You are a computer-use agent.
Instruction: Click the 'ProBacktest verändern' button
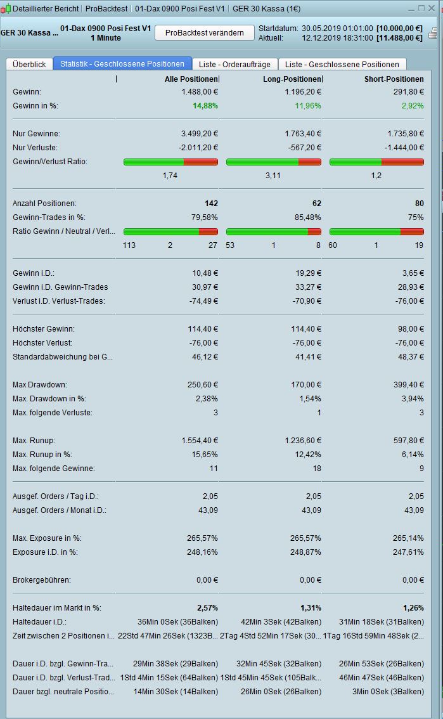pyautogui.click(x=205, y=33)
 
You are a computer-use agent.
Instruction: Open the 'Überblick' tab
pyautogui.click(x=29, y=64)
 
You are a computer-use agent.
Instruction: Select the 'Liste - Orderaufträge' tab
pyautogui.click(x=234, y=64)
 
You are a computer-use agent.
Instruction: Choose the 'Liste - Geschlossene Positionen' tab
pyautogui.click(x=342, y=64)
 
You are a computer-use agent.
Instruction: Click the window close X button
pyautogui.click(x=433, y=8)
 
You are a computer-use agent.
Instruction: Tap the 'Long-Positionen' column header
pyautogui.click(x=292, y=79)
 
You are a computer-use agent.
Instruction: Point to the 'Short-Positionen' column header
pyautogui.click(x=394, y=79)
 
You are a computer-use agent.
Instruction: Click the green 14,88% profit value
pyautogui.click(x=205, y=105)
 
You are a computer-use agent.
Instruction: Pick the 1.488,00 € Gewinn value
pyautogui.click(x=199, y=92)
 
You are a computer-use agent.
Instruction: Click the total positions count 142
pyautogui.click(x=211, y=204)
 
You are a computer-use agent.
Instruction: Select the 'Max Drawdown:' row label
pyautogui.click(x=40, y=385)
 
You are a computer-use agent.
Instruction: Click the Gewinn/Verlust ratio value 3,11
pyautogui.click(x=273, y=176)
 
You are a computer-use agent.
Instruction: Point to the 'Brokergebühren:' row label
pyautogui.click(x=42, y=580)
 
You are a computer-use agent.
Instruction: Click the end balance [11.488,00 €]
pyautogui.click(x=399, y=38)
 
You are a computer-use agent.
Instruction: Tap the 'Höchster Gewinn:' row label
pyautogui.click(x=44, y=329)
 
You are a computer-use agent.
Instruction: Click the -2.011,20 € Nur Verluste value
pyautogui.click(x=196, y=148)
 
